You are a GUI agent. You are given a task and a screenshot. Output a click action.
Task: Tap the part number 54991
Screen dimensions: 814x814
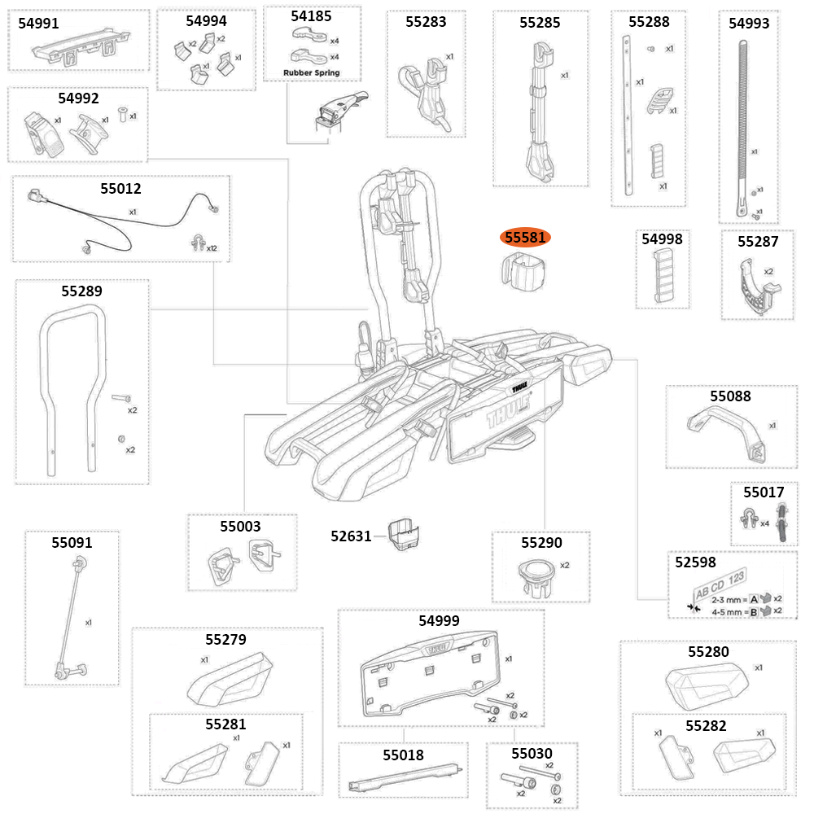pos(38,24)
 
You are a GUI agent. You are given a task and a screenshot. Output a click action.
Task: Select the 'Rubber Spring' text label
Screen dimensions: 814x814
pos(311,72)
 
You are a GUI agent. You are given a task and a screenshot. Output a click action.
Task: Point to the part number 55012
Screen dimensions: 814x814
pos(120,189)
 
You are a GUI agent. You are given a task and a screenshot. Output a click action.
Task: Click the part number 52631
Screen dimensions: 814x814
pos(351,536)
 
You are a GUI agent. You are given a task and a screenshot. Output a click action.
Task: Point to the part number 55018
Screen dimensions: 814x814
pos(403,755)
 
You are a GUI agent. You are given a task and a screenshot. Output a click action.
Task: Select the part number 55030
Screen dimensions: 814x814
pos(532,754)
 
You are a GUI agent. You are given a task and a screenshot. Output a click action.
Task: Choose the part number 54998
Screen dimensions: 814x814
pos(662,239)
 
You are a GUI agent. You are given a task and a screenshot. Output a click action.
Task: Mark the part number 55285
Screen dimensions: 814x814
pos(540,23)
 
